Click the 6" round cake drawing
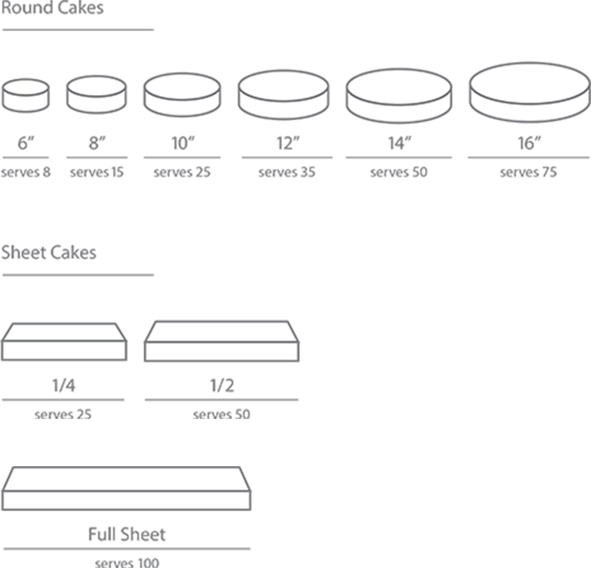click(x=25, y=96)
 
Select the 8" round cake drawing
click(x=97, y=96)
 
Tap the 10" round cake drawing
click(x=182, y=96)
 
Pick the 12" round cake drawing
click(x=283, y=96)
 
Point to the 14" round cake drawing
click(x=399, y=96)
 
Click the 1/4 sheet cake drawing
click(x=64, y=343)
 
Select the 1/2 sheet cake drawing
click(x=222, y=343)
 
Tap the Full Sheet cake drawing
click(x=127, y=489)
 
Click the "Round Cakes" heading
click(x=52, y=9)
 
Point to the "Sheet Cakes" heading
click(x=49, y=253)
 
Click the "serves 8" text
click(x=25, y=172)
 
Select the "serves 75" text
click(x=529, y=172)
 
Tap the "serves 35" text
click(x=287, y=172)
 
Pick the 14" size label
click(x=397, y=144)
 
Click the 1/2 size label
click(x=222, y=386)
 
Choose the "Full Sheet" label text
click(x=127, y=534)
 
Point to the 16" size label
click(x=528, y=144)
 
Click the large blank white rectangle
click(x=430, y=371)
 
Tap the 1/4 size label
click(x=63, y=386)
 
